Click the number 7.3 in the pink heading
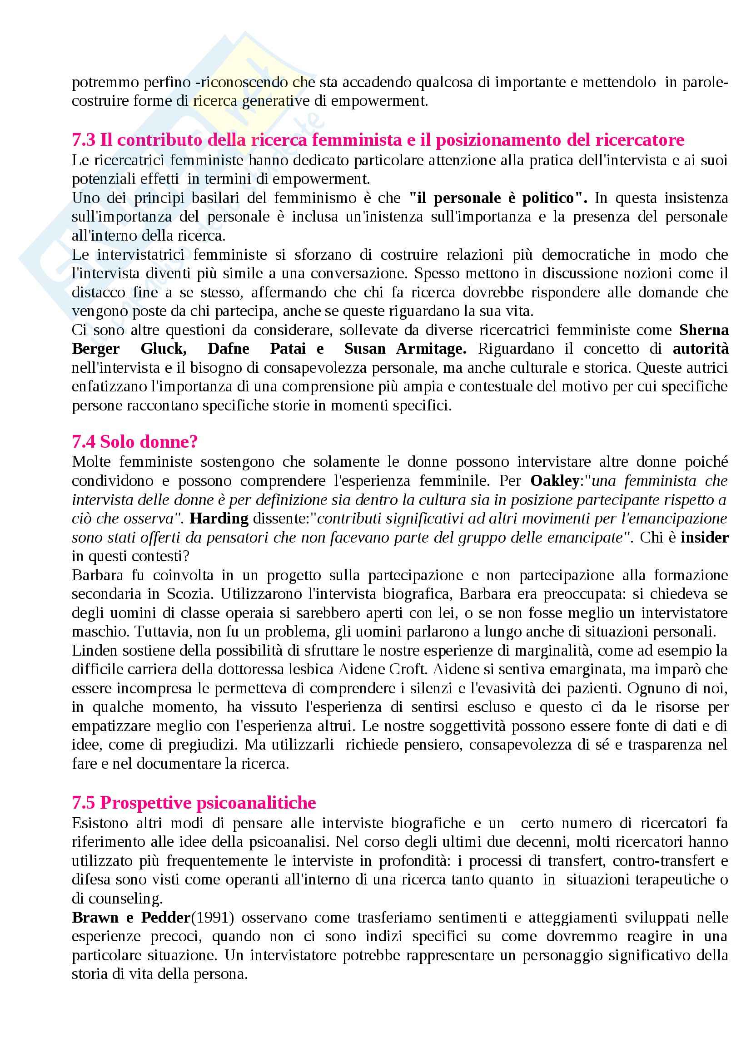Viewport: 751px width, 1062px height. [x=84, y=140]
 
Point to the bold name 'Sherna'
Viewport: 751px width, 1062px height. [x=704, y=330]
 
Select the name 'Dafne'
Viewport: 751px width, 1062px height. [x=228, y=349]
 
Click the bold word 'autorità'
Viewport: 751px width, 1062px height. [x=701, y=349]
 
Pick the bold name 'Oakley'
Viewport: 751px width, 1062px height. [x=554, y=481]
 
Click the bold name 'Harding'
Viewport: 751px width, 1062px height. [x=219, y=519]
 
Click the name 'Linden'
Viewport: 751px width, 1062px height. [x=94, y=651]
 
